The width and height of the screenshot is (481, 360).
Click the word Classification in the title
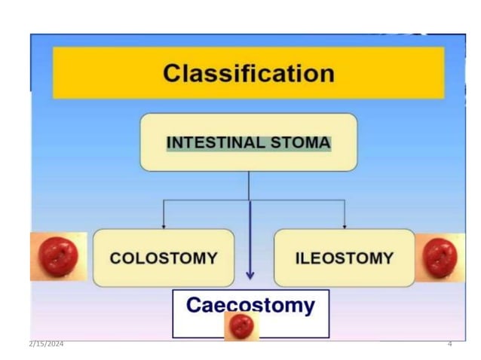click(x=248, y=74)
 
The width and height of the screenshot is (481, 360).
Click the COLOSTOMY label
click(x=164, y=258)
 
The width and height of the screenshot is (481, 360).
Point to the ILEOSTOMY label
click(x=344, y=258)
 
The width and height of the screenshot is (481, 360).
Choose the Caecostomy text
click(x=250, y=305)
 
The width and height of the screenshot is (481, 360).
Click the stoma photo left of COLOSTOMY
click(x=58, y=256)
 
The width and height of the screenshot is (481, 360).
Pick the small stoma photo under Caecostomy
click(x=241, y=325)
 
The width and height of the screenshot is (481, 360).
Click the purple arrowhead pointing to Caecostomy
click(x=250, y=275)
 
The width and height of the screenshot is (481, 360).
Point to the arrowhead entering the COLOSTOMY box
click(x=164, y=225)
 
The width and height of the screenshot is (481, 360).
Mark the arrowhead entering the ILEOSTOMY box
click(x=345, y=225)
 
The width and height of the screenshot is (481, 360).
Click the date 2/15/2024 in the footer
click(x=47, y=344)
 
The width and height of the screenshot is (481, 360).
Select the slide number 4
click(x=449, y=344)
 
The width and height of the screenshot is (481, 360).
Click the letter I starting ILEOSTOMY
click(x=296, y=258)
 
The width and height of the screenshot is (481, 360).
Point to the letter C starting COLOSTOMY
click(x=116, y=258)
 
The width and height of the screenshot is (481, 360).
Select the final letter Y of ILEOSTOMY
click(x=388, y=258)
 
